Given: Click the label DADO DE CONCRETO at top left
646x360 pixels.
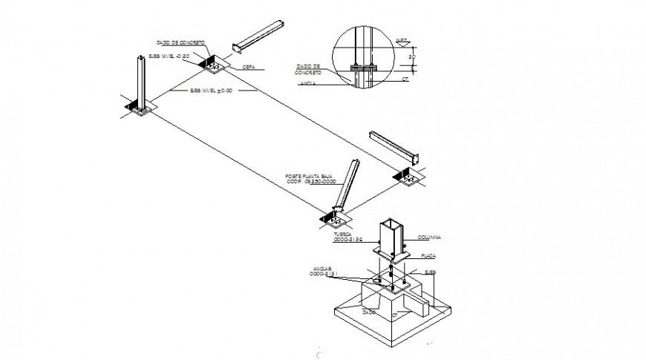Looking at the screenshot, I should tap(180, 43).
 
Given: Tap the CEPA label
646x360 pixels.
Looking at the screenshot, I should tap(249, 66).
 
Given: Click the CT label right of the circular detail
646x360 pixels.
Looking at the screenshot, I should tap(405, 76).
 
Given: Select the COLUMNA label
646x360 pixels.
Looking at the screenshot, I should tap(429, 237).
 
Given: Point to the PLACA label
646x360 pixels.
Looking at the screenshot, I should tap(428, 255).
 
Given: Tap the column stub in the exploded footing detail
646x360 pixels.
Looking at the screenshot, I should tap(391, 238).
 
